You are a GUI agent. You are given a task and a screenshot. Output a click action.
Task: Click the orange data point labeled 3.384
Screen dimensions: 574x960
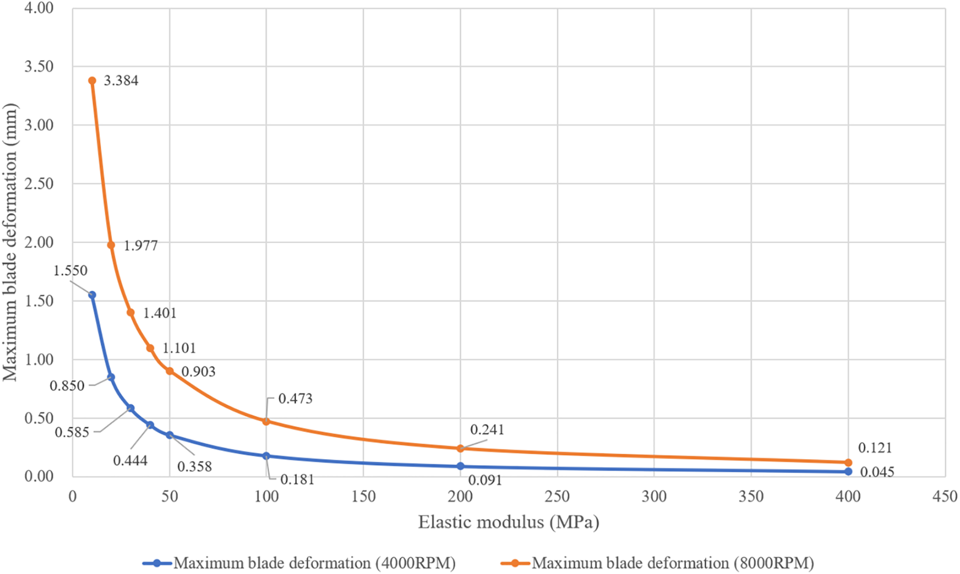coord(92,81)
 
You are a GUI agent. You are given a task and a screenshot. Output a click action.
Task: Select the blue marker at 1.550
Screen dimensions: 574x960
coord(92,295)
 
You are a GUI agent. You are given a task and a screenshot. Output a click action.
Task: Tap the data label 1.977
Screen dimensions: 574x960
coord(140,246)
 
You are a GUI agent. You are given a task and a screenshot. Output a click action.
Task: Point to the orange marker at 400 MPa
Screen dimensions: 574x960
coord(848,462)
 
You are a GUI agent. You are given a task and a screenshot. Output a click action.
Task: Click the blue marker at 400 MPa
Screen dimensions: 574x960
coord(848,471)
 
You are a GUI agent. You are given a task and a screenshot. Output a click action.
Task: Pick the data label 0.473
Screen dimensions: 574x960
coord(296,399)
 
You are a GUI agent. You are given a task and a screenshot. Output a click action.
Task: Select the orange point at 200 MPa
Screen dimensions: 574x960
coord(460,448)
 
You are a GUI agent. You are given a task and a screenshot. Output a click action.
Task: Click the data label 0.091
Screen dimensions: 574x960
coord(485,480)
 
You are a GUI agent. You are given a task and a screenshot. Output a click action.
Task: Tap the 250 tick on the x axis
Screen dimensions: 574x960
coord(557,496)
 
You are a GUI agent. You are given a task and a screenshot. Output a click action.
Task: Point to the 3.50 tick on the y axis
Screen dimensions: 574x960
coord(39,66)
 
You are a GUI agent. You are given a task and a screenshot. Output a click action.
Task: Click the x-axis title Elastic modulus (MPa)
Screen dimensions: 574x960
coord(508,522)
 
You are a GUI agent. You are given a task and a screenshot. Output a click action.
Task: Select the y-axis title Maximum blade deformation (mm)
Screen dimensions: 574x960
coord(10,243)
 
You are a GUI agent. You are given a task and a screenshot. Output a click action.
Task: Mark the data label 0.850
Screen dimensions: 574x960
coord(67,386)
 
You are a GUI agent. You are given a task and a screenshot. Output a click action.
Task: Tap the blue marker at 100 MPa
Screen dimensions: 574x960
coord(266,456)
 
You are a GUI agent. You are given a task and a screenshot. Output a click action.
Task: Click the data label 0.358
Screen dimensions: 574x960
coord(195,466)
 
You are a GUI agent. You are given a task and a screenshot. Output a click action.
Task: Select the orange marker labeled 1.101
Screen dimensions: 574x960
coord(150,348)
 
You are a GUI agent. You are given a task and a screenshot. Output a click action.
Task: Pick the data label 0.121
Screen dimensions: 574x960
coord(875,448)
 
